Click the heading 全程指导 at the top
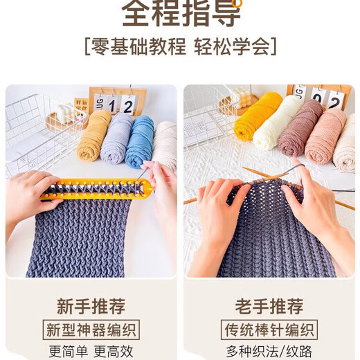point(181,14)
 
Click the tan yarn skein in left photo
point(93,136)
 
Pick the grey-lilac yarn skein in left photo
point(116,138)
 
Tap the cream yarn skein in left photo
point(165,143)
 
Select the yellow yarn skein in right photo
point(258,116)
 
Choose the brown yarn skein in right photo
point(300,127)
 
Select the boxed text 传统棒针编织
point(269,329)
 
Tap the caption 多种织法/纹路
point(269,350)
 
